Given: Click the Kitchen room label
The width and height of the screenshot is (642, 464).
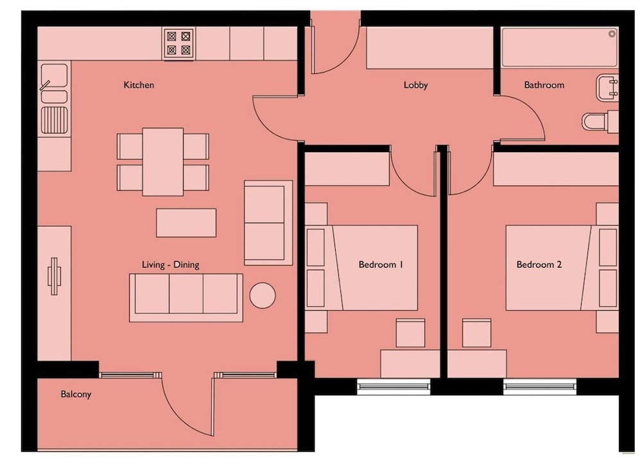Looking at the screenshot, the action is click(139, 85).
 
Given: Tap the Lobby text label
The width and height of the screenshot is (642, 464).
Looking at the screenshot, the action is click(415, 85).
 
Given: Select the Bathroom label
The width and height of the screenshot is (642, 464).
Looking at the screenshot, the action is click(544, 85).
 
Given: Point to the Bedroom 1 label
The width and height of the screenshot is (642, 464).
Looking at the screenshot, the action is click(381, 265).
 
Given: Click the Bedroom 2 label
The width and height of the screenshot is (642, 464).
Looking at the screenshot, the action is click(539, 265).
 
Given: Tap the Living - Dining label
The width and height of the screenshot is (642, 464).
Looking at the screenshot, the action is click(170, 265).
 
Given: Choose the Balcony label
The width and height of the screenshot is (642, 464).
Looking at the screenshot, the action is click(76, 395).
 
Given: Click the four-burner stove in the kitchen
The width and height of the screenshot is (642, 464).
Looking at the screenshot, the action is click(179, 44).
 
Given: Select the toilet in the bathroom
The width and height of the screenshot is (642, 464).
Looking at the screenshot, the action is click(600, 121).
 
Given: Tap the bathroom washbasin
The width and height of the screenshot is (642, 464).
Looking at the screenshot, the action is click(607, 87).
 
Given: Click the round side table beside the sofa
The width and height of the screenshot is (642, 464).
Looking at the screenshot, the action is click(263, 295).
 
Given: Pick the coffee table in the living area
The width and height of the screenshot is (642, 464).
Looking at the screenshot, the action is click(186, 223).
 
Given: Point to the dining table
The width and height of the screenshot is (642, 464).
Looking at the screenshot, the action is click(163, 162).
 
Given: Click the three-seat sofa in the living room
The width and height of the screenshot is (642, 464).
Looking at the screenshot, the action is click(186, 298).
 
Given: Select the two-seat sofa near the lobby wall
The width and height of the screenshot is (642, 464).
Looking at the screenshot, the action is click(268, 223).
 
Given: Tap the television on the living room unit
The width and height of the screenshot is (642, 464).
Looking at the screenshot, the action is click(54, 276).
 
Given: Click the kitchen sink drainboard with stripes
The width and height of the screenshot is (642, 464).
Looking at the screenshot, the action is click(55, 120).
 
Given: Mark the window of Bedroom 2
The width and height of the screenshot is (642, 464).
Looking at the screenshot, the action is click(540, 386).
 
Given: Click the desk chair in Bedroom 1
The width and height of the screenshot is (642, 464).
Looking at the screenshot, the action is click(410, 333).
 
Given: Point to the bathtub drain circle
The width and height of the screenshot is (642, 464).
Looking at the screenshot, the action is click(612, 34).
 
